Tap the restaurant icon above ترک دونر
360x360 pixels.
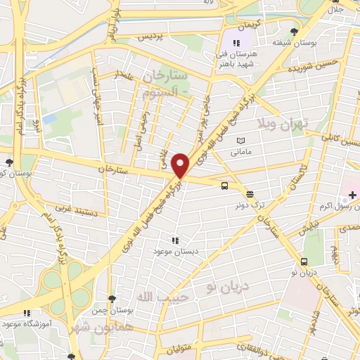click(250, 193)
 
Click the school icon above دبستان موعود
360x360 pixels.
click(174, 240)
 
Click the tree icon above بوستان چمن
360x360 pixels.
click(112, 299)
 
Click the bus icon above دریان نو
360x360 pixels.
click(304, 262)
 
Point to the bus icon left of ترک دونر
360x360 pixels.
click(224, 186)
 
